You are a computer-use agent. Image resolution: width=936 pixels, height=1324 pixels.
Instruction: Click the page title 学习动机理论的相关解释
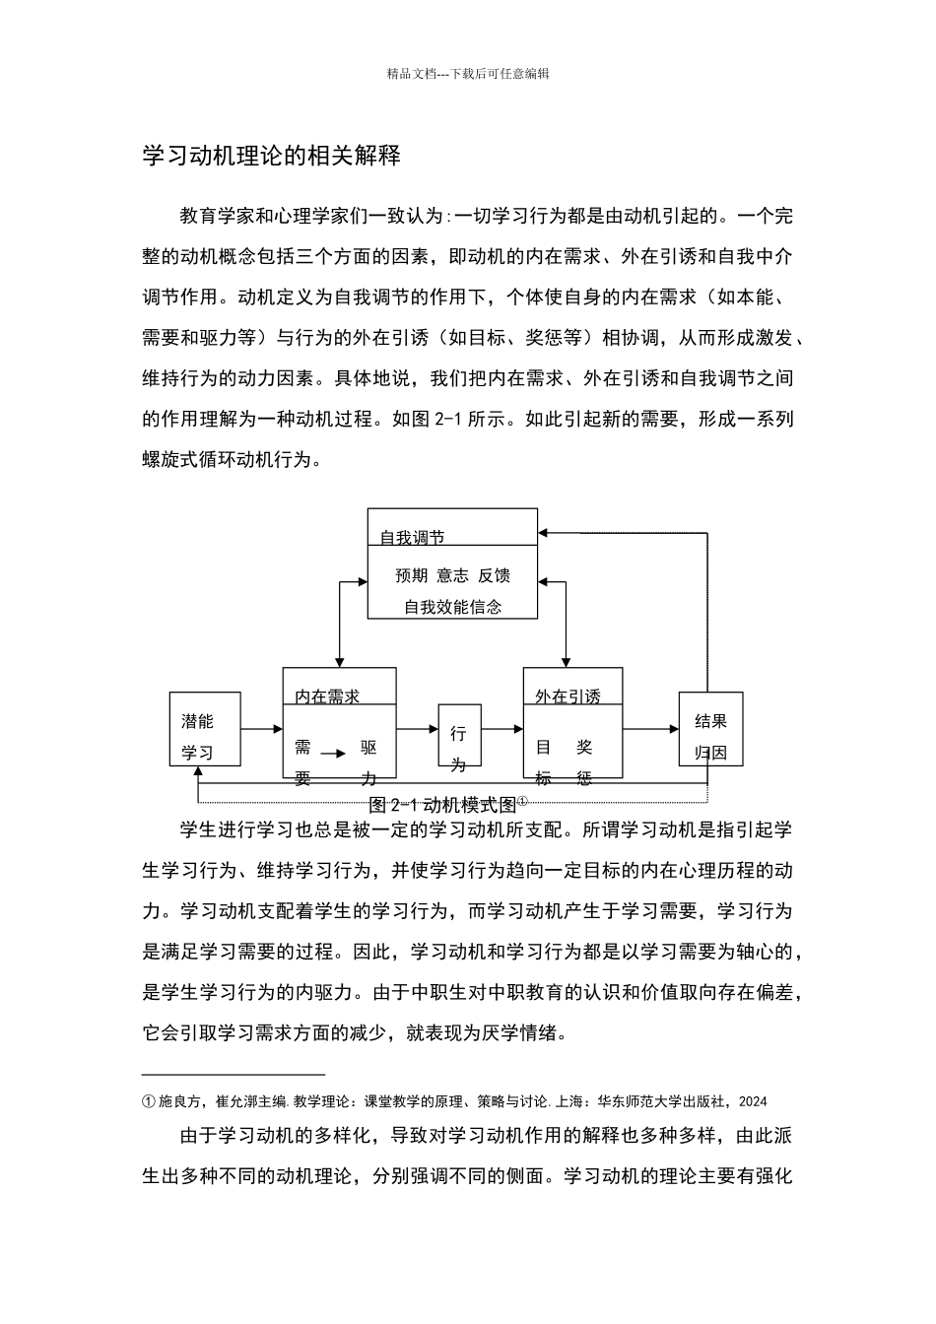[271, 156]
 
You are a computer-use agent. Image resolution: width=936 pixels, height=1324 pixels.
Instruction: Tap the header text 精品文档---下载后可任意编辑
[468, 73]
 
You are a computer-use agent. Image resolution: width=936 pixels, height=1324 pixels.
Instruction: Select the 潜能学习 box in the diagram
[205, 729]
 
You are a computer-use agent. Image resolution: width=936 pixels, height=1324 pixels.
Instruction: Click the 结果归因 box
[710, 729]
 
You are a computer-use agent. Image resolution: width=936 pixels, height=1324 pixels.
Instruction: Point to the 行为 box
[459, 735]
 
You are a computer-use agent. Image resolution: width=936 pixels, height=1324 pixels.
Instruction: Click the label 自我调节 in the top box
[412, 537]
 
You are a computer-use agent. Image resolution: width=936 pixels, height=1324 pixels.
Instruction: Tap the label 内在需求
[327, 696]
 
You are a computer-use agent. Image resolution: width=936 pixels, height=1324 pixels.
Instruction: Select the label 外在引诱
[568, 696]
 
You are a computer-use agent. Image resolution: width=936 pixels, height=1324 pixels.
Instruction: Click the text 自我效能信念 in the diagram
[452, 607]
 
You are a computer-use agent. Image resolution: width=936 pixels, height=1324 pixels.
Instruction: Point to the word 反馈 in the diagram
[495, 575]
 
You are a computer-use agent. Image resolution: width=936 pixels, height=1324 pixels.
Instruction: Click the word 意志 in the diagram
[452, 575]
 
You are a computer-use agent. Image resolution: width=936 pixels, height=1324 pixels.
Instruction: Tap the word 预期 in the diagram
[411, 575]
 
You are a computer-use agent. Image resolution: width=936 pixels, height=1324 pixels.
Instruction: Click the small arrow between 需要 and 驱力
[333, 754]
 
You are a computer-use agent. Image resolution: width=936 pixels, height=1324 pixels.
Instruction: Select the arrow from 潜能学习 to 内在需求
[261, 729]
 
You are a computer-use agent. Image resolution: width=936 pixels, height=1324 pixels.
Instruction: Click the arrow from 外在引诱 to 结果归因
[650, 729]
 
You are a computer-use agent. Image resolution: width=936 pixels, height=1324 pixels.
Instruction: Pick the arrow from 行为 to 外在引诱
[501, 729]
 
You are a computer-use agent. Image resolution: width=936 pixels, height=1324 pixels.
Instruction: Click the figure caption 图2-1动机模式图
[442, 804]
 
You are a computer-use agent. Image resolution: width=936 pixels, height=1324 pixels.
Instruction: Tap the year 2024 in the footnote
[753, 1101]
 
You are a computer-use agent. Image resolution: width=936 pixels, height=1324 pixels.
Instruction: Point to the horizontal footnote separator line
[234, 1075]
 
